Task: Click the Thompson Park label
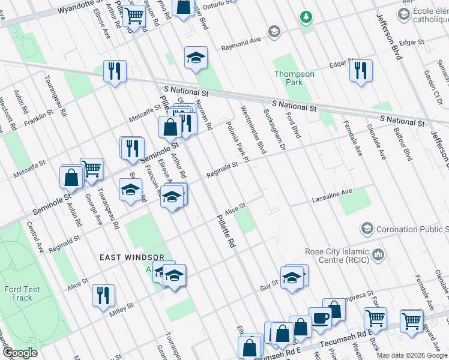click(x=294, y=78)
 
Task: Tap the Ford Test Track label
click(x=22, y=293)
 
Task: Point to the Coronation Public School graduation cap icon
click(x=367, y=229)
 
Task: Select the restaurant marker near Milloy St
click(x=103, y=295)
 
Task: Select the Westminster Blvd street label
click(x=253, y=130)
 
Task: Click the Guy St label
click(x=270, y=283)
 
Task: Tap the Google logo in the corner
click(x=19, y=353)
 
